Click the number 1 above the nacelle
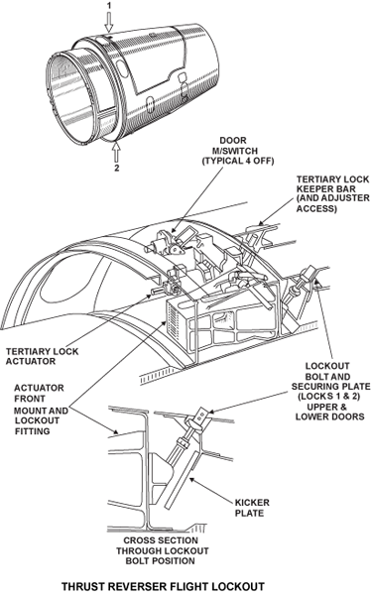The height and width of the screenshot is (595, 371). point(109,5)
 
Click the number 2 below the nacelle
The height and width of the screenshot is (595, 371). point(117,168)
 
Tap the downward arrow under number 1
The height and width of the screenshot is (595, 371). point(109,22)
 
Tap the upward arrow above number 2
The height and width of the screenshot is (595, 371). point(117,152)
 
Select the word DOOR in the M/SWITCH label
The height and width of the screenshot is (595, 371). point(233,141)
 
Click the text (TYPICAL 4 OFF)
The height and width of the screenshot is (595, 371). point(238,161)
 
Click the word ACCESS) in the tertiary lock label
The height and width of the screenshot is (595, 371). point(316,208)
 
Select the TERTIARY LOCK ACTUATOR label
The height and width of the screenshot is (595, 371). point(42,356)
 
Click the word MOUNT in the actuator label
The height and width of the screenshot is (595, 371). point(28,411)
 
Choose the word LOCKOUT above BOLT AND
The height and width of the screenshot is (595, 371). point(327,366)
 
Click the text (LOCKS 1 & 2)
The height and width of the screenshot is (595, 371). point(329,397)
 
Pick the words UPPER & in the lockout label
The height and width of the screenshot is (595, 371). point(327,407)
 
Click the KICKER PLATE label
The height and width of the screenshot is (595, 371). point(252,508)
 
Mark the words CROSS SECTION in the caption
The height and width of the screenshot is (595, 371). point(161,540)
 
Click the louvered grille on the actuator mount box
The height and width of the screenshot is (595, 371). point(175,321)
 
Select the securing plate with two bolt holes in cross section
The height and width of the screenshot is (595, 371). point(202,415)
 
